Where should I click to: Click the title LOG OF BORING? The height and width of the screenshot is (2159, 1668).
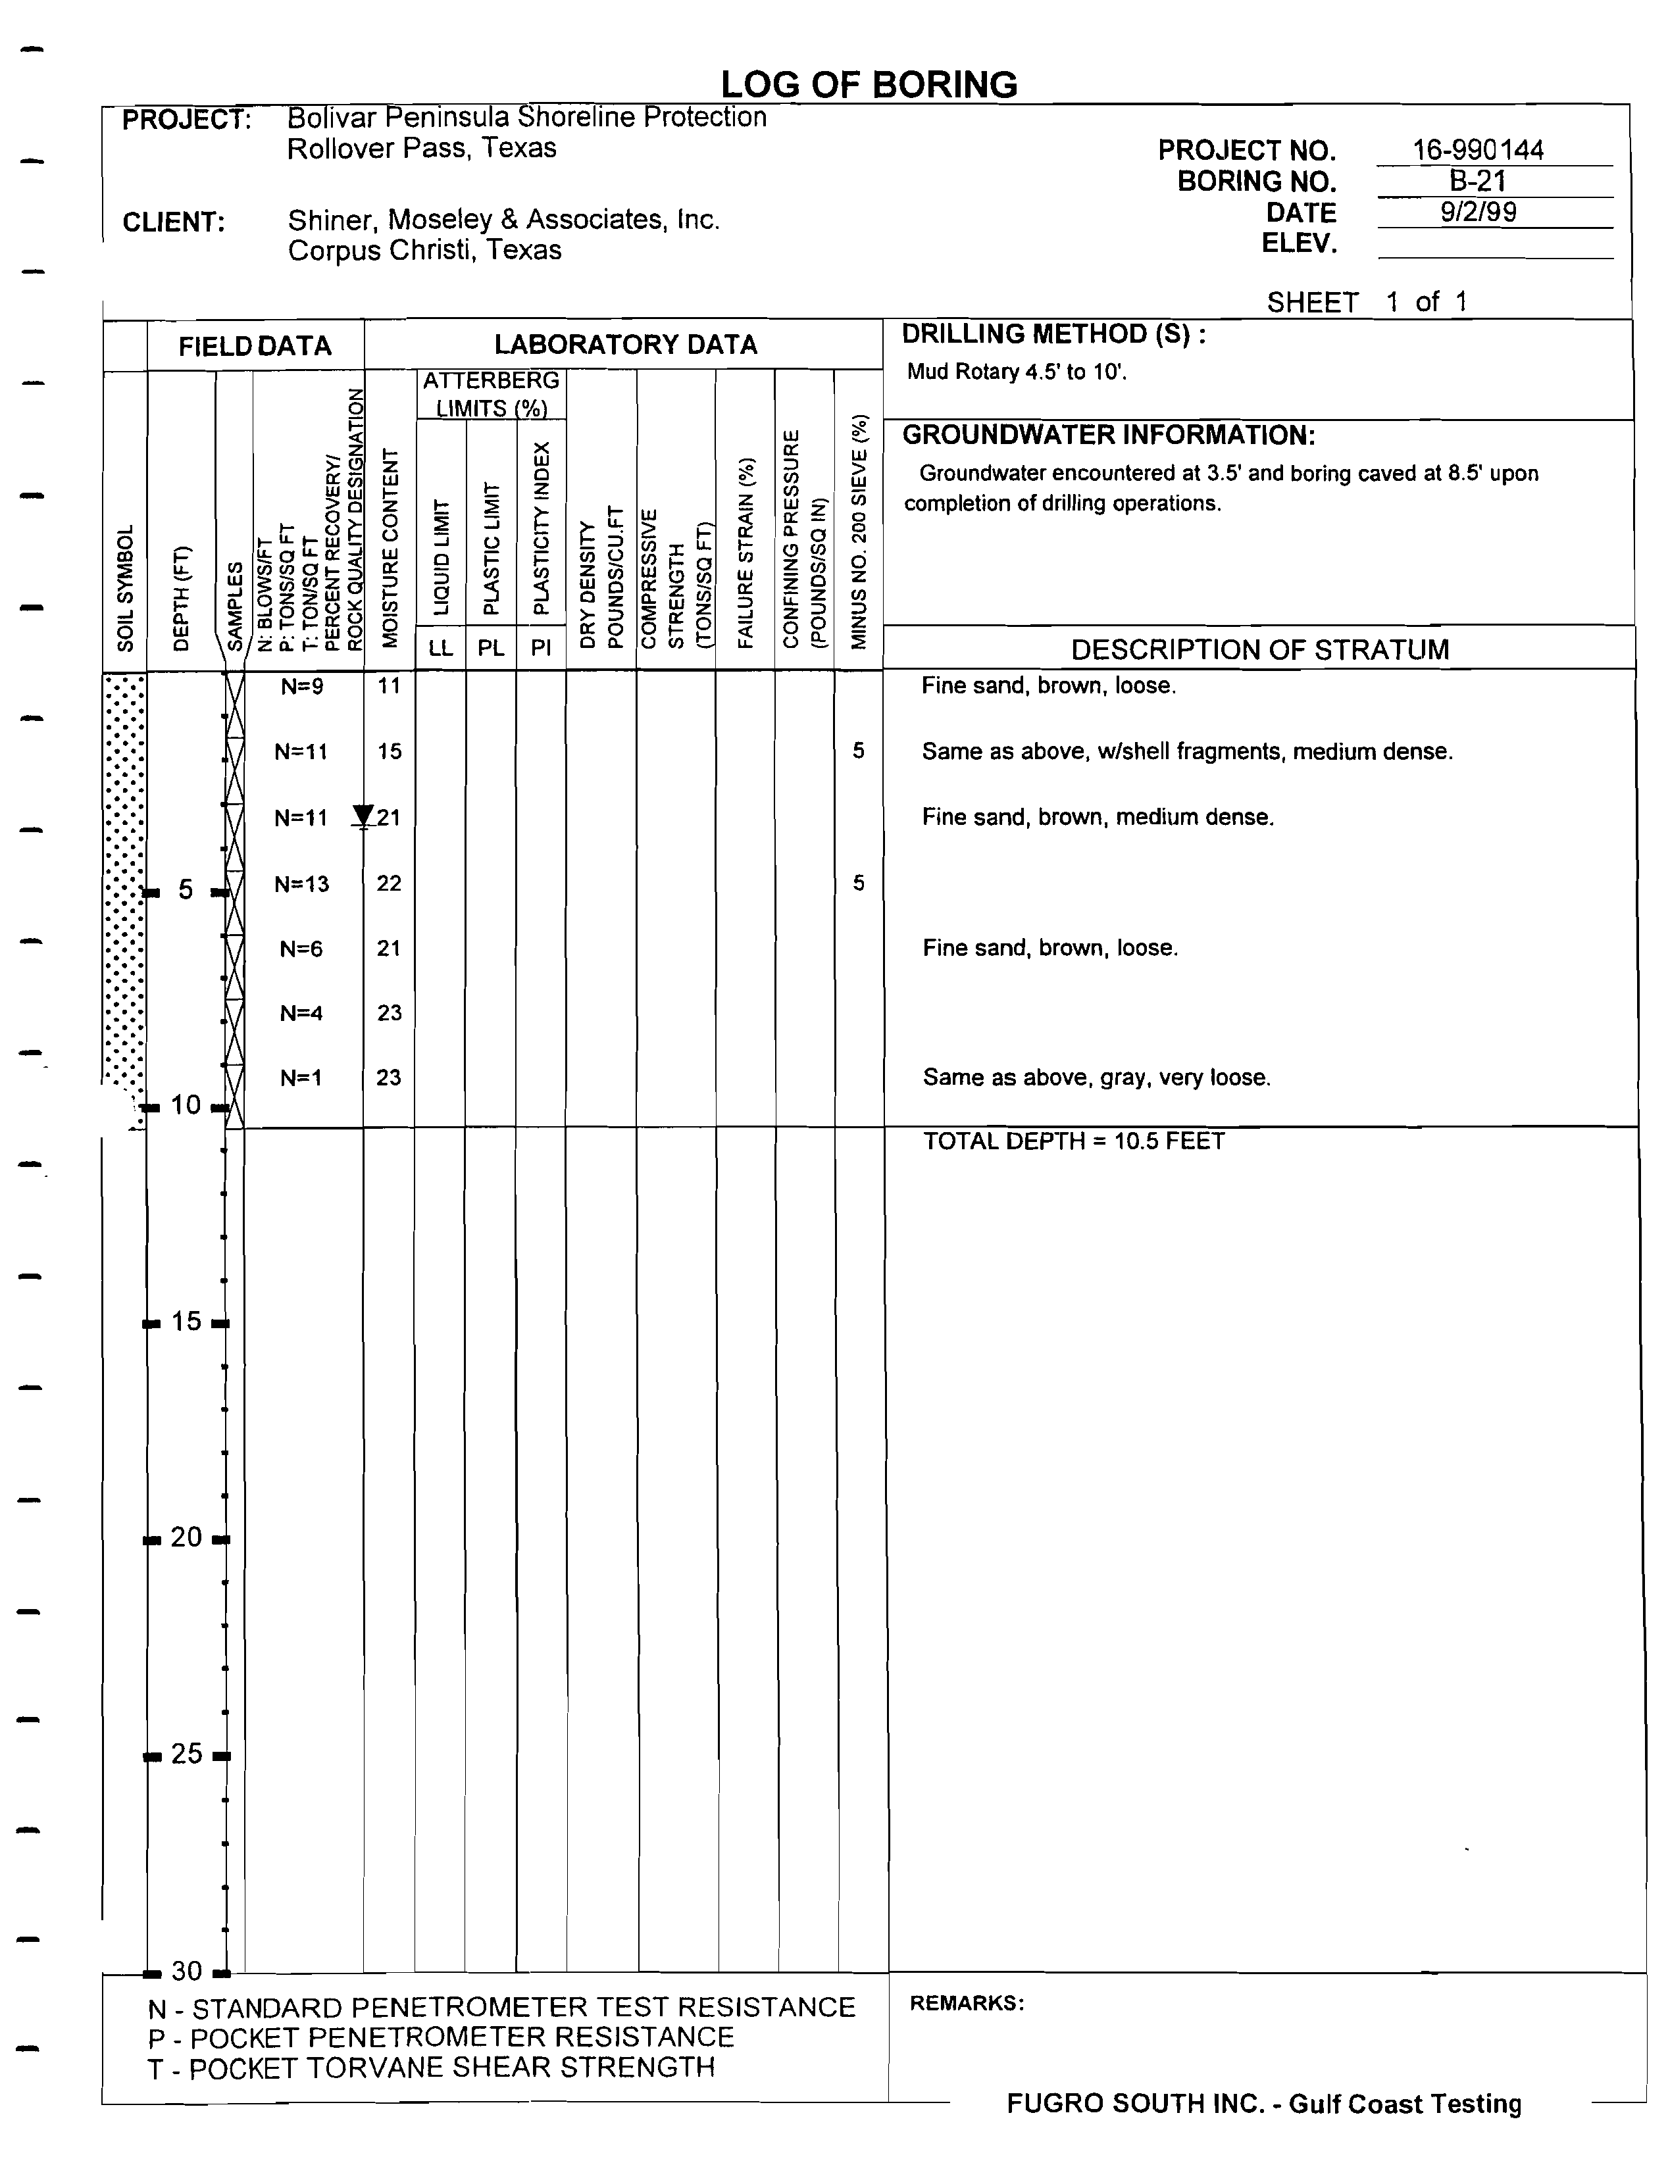point(868,85)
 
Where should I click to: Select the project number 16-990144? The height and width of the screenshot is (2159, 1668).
point(1477,150)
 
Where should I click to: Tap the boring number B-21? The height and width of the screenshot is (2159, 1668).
point(1477,181)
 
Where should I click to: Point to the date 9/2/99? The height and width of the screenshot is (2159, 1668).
point(1477,212)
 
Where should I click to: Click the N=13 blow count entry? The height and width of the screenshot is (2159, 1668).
point(301,883)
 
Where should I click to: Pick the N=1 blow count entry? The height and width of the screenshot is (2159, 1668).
point(301,1078)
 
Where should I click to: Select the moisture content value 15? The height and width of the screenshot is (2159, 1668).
point(390,751)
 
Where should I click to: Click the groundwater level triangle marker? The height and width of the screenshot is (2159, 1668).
point(363,816)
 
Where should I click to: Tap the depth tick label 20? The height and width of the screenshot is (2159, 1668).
point(186,1537)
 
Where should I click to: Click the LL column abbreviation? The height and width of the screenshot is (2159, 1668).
point(440,649)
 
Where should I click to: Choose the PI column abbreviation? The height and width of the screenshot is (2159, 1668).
point(541,649)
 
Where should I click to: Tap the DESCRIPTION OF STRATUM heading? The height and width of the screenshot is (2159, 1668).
point(1259,649)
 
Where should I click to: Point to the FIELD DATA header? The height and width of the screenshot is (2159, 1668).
point(255,346)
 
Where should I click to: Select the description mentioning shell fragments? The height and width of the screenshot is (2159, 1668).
point(1186,751)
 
